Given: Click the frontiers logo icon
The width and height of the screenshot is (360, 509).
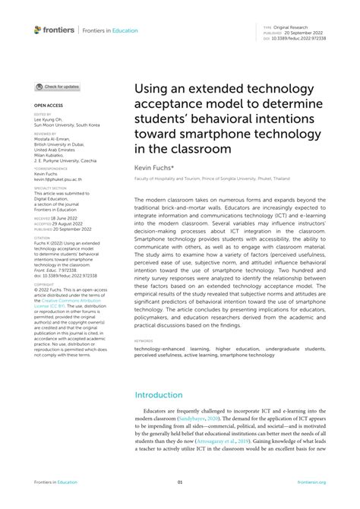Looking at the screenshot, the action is (x=38, y=30).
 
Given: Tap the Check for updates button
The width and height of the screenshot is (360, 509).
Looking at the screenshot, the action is (x=58, y=87).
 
